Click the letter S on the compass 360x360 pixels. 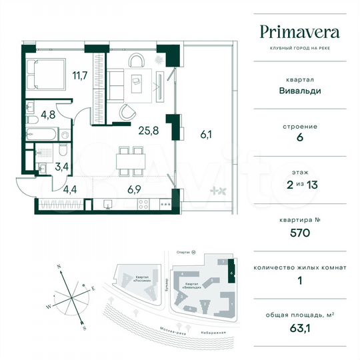coord(83,328)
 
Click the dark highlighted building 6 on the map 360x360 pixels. coord(231,271)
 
